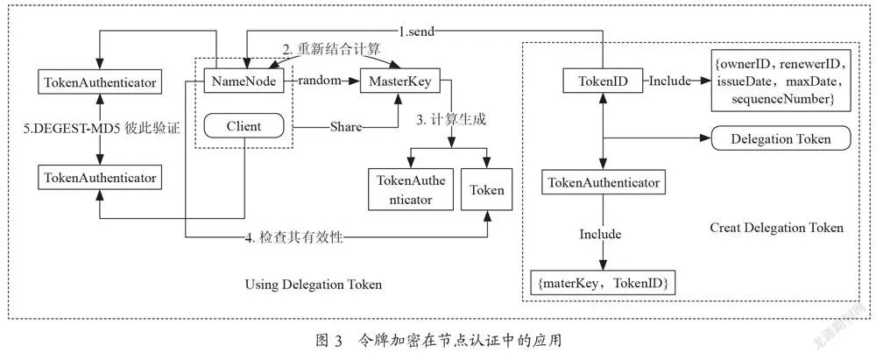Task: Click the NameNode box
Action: pos(243,81)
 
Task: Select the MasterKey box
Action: pos(400,81)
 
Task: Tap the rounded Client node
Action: pos(244,126)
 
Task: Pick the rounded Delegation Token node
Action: pos(781,138)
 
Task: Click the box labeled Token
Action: pos(486,190)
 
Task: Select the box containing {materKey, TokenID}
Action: pos(603,284)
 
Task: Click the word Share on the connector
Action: pos(344,127)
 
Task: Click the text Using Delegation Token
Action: pos(314,285)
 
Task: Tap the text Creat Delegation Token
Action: pos(776,228)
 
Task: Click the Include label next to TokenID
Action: pos(669,81)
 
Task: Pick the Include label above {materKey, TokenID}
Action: pos(600,234)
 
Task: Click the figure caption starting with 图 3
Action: pos(437,340)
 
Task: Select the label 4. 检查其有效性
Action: pos(293,237)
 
